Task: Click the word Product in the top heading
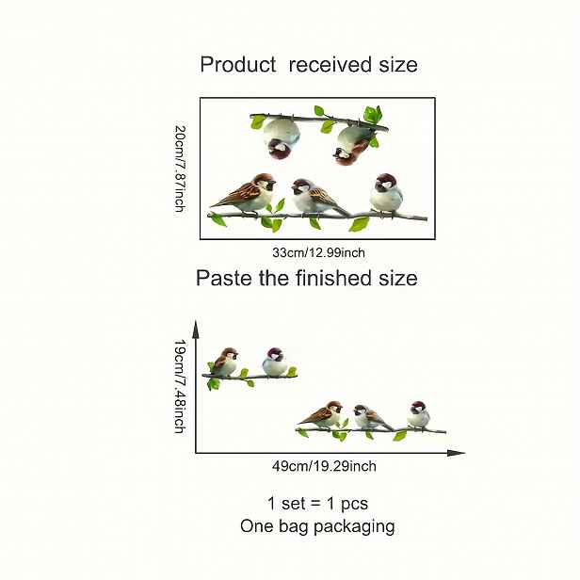point(238,65)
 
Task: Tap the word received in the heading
point(330,65)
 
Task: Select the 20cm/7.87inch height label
point(180,169)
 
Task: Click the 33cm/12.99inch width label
point(318,253)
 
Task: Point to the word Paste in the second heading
point(224,278)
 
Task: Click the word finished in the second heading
point(333,278)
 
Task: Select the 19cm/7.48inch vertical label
point(180,387)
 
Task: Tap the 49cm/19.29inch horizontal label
point(324,466)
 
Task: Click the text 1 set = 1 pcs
point(317,504)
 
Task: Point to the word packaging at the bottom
point(354,526)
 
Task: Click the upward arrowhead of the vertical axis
point(196,329)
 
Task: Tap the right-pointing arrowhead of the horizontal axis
point(456,453)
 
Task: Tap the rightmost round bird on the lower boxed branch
point(386,194)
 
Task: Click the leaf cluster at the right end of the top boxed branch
point(372,115)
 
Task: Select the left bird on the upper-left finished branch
point(225,362)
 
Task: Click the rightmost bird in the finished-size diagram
point(419,415)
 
